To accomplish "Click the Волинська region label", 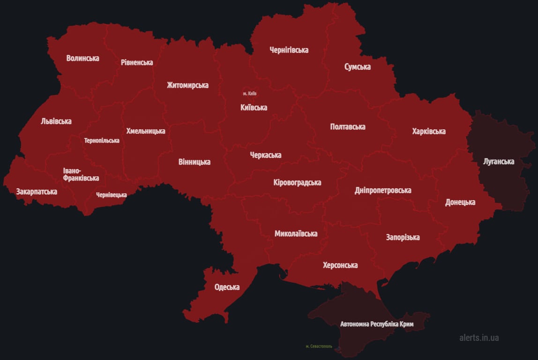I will coord(82,59).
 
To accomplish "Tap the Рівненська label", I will coord(137,62).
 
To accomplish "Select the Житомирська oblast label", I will coord(187,85).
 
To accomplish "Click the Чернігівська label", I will coord(289,50).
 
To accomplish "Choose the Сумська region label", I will coord(357,67).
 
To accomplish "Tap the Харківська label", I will coord(429,131).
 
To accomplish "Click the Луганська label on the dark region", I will coord(499,162).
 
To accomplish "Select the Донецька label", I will coord(460,202).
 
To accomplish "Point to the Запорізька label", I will coord(403,237).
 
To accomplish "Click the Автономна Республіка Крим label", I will coord(377,324).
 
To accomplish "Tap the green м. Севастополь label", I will coord(319,346).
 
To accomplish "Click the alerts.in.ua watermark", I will coord(479,337).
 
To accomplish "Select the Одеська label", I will coord(227,287).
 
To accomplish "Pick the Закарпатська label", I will coord(37,192).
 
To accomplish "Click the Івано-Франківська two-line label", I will coord(81,174).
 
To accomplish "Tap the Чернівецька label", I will coord(112,195).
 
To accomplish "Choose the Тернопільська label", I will coord(102,141).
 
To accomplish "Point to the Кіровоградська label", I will coord(297,183).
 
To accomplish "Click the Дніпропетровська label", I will coord(383,190).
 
